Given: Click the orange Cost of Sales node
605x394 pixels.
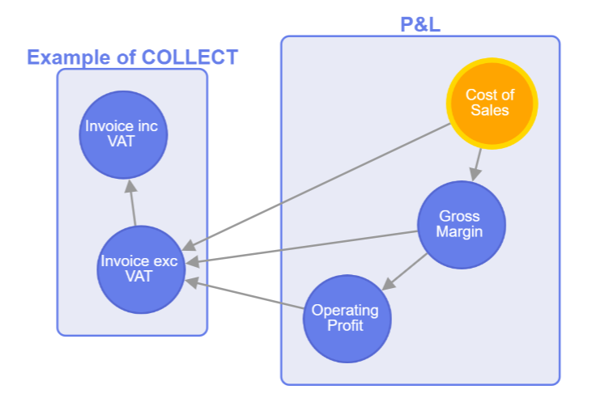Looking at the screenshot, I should [492, 103].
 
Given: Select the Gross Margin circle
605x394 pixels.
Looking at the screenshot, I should [460, 224].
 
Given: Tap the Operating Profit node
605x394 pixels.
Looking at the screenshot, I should [346, 318].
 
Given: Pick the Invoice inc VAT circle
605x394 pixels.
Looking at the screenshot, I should [125, 134].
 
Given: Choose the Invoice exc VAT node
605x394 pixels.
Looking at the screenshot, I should [139, 269].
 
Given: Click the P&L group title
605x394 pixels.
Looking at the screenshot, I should [420, 24].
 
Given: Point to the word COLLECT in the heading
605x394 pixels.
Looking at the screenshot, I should [190, 57].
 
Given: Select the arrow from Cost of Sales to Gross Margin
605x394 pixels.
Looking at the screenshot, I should [478, 164].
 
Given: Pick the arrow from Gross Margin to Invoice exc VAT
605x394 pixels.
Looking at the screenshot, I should [308, 247].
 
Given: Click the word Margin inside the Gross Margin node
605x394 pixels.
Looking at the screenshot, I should [459, 232].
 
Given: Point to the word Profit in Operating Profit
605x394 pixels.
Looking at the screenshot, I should [345, 326].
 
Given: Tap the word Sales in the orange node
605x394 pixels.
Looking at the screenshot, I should [490, 111].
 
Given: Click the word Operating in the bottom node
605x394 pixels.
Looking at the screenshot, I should [345, 311].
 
